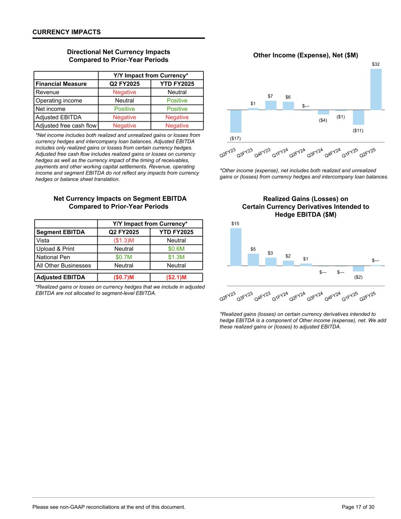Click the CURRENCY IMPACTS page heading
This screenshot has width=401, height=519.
[x=67, y=32]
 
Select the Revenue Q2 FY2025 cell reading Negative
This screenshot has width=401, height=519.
[x=124, y=92]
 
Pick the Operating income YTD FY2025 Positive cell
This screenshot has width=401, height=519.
[x=177, y=101]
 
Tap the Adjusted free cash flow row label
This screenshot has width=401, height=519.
[x=66, y=126]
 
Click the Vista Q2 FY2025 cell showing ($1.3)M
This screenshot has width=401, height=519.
[x=124, y=241]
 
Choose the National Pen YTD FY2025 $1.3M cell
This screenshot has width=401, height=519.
[x=176, y=257]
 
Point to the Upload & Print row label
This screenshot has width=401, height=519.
[x=55, y=249]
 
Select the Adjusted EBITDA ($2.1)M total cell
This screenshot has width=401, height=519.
[x=176, y=277]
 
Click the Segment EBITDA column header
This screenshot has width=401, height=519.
[x=60, y=232]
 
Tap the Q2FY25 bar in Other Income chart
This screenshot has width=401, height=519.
[x=376, y=89]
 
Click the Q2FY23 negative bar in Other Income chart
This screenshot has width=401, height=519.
[x=236, y=121]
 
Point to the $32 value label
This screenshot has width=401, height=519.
[x=376, y=65]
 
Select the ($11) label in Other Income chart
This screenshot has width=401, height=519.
[x=358, y=130]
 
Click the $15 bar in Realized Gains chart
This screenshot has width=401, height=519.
[x=236, y=247]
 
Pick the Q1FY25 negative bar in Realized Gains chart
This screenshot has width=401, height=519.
[x=358, y=268]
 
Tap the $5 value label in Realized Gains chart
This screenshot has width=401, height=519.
[x=253, y=249]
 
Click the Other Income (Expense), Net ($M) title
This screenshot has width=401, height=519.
[x=306, y=56]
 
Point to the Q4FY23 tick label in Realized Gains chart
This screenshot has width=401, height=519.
[x=262, y=296]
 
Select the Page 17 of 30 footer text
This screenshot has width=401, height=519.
[x=358, y=507]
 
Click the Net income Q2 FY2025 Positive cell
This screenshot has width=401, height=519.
[x=124, y=109]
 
